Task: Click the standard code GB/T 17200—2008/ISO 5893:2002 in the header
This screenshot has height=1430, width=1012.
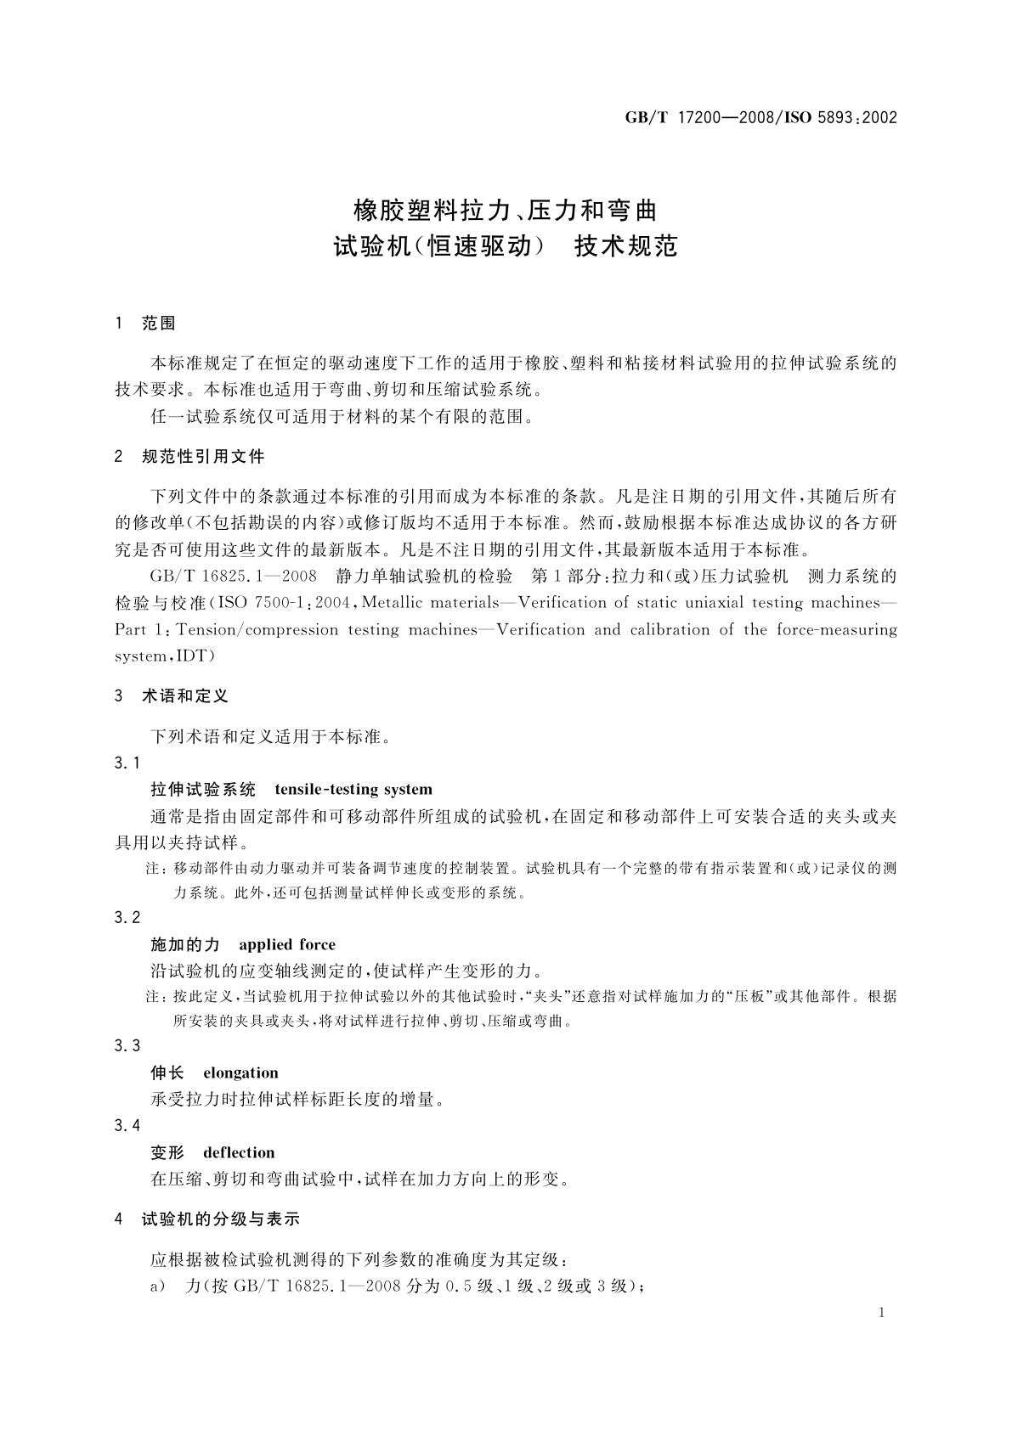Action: point(760,118)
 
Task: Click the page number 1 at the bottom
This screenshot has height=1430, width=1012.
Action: point(881,1313)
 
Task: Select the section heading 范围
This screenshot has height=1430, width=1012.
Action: point(159,324)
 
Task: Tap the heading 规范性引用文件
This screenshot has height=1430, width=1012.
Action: point(203,457)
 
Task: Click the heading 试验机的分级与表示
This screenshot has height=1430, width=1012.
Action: point(221,1219)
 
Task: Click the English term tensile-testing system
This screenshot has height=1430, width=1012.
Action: point(353,790)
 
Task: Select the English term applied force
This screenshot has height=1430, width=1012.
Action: point(287,944)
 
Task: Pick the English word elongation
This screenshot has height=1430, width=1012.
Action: point(240,1072)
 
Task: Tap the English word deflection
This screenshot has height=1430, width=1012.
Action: point(239,1152)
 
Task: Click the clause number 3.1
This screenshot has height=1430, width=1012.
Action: point(127,763)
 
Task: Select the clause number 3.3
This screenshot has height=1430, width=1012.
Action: point(127,1045)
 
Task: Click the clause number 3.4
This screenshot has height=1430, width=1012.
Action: point(127,1125)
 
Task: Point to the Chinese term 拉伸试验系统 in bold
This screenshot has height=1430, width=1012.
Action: point(203,790)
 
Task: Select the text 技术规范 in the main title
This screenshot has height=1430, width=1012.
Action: point(626,246)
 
